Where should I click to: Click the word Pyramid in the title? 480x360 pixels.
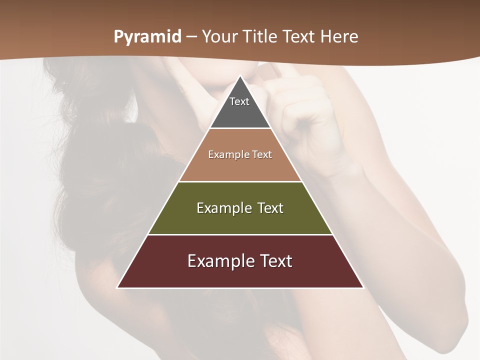click(147, 37)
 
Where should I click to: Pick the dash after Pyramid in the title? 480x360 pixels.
click(191, 37)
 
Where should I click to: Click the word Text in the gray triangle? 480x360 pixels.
click(239, 101)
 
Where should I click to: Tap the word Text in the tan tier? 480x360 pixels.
click(261, 155)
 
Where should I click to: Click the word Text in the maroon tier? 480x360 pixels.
click(274, 261)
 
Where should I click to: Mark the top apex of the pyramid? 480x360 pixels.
click(240, 76)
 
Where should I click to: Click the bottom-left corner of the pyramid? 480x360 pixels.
click(117, 287)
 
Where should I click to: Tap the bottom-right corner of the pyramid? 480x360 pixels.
click(363, 287)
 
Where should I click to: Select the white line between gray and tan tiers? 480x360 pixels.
click(240, 128)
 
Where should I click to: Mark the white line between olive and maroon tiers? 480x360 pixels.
click(240, 234)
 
